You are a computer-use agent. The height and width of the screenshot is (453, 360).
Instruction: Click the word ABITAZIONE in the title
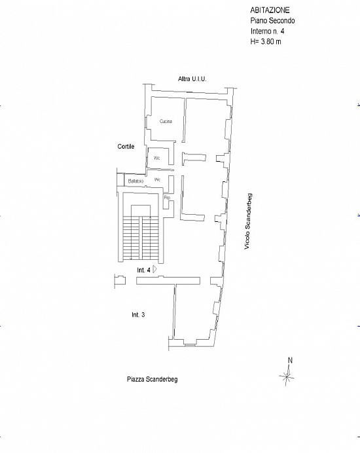270,10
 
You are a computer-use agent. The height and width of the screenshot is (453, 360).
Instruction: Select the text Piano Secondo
272,20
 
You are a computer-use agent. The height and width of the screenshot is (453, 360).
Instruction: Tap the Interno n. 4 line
267,31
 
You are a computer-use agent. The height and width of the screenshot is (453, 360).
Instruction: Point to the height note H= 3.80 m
266,41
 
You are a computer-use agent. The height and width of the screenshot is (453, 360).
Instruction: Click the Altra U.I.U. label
192,79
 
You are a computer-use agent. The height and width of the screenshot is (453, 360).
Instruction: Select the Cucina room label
166,121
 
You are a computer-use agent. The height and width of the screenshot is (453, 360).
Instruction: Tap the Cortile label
126,147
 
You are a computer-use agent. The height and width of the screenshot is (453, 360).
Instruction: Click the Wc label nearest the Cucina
156,158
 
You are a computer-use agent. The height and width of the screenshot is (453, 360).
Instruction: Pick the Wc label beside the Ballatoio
157,180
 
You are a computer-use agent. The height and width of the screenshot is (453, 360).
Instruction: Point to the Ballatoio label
135,181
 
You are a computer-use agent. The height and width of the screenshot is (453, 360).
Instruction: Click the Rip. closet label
167,198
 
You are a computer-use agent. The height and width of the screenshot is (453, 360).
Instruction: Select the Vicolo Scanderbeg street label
248,221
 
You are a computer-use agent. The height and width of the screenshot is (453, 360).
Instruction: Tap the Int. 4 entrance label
143,270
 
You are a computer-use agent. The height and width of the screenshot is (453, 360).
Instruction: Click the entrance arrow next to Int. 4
154,269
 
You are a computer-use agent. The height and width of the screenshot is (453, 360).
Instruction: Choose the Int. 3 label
138,315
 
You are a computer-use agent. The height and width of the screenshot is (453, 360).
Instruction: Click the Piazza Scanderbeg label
153,379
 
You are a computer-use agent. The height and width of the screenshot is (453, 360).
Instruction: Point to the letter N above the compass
290,360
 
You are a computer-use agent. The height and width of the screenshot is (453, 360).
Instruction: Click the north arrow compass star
287,376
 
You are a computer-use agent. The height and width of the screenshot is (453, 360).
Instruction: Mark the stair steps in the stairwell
141,238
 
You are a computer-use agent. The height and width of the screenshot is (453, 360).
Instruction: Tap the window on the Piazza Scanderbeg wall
190,344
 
